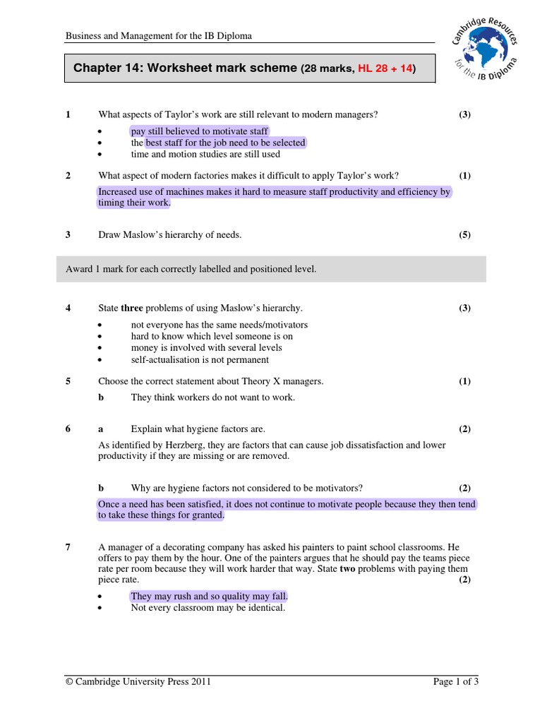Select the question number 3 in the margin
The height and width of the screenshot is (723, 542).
click(68, 235)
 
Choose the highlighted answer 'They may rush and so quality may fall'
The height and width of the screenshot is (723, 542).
click(209, 597)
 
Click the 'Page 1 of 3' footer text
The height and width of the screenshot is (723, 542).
click(455, 682)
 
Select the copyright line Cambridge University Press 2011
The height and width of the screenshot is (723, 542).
click(138, 682)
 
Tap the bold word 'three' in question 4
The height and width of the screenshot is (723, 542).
click(132, 308)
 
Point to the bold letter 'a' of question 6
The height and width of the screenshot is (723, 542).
click(101, 429)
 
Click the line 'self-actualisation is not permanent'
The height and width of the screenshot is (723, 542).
click(200, 359)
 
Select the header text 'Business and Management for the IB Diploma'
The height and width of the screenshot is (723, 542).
click(159, 35)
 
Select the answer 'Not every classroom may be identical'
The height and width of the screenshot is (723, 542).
click(207, 608)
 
